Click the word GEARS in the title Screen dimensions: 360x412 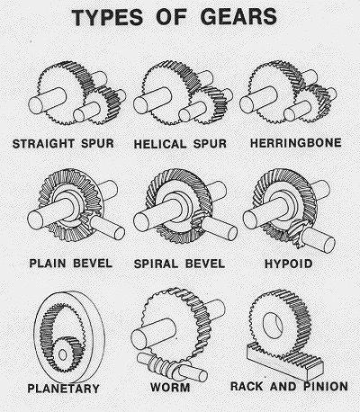pos(238,17)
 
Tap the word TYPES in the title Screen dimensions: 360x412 pos(107,17)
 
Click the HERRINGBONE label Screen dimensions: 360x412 pos(296,143)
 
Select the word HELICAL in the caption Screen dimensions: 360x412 pos(160,144)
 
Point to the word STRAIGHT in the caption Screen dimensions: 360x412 pos(43,144)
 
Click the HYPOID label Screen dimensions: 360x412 pos(289,264)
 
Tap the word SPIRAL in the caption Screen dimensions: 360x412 pos(156,264)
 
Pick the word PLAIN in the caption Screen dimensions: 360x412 pos(48,264)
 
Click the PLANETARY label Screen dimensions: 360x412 pos(63,389)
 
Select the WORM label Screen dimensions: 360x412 pos(170,387)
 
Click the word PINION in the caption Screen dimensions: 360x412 pos(326,386)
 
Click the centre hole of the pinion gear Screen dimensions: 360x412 pos(273,326)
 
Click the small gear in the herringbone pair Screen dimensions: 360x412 pos(313,103)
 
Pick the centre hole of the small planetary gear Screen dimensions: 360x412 pos(62,354)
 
